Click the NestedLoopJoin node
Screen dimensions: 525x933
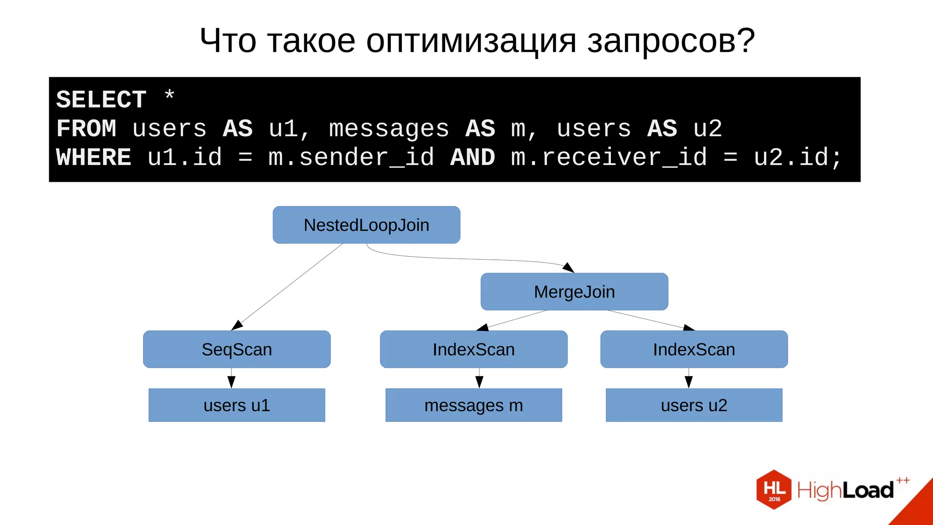point(366,225)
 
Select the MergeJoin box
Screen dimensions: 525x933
point(574,292)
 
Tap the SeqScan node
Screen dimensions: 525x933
point(236,350)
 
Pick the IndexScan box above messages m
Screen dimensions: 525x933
point(473,350)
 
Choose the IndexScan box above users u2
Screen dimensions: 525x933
point(694,350)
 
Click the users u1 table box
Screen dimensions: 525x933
point(236,405)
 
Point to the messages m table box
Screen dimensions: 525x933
point(473,405)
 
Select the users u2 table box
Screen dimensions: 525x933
point(694,405)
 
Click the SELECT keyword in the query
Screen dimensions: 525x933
point(101,100)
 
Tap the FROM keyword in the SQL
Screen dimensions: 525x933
point(86,129)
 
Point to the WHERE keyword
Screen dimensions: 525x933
point(93,158)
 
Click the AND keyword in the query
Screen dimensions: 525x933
point(472,158)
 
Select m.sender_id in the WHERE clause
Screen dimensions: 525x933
point(351,158)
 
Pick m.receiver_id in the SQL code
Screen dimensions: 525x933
point(609,158)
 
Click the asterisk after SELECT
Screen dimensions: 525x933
point(169,96)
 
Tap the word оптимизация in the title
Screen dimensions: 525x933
point(471,41)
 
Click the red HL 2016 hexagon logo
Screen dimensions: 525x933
point(774,489)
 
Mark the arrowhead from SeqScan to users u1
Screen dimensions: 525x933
point(231,382)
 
